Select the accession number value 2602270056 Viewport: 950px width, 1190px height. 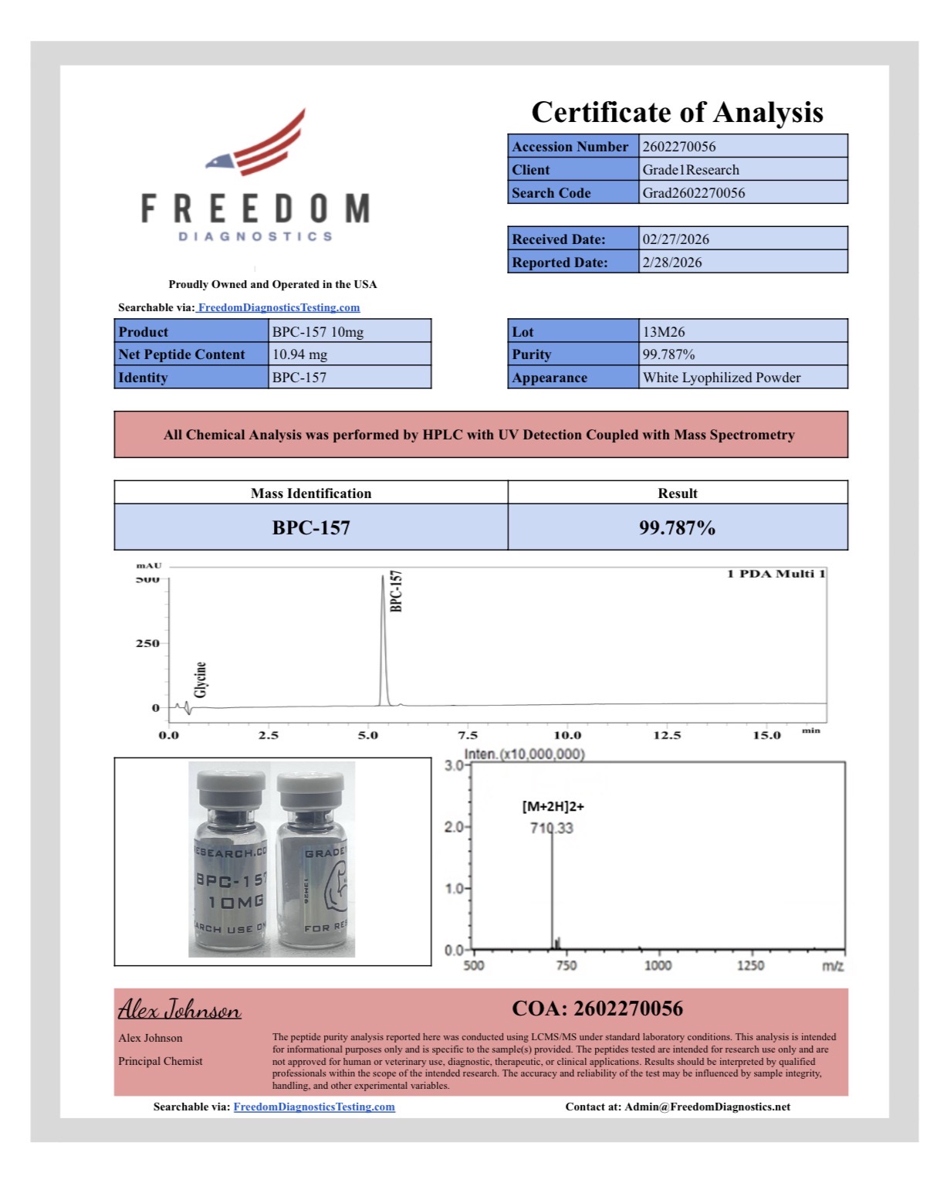679,147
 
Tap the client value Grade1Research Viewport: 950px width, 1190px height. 691,170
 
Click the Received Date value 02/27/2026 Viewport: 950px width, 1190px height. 675,239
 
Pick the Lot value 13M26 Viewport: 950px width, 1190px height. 664,332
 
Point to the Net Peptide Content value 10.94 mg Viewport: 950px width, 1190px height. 299,354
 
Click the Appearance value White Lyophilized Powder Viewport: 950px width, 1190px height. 721,378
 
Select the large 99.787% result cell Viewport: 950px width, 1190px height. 677,527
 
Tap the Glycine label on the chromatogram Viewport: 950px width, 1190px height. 201,680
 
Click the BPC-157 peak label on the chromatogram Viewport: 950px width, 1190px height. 396,592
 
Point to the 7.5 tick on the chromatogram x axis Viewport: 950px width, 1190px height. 468,735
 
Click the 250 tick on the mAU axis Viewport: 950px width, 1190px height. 147,643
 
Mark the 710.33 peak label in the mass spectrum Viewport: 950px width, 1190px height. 552,828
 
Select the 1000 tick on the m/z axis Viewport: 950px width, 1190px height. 658,965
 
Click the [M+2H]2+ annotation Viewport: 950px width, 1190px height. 553,806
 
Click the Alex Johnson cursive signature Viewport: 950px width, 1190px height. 179,1009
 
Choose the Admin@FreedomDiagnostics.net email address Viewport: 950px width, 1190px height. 707,1107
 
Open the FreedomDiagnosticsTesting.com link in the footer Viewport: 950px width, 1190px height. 314,1107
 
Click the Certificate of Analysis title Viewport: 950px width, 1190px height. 677,113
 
